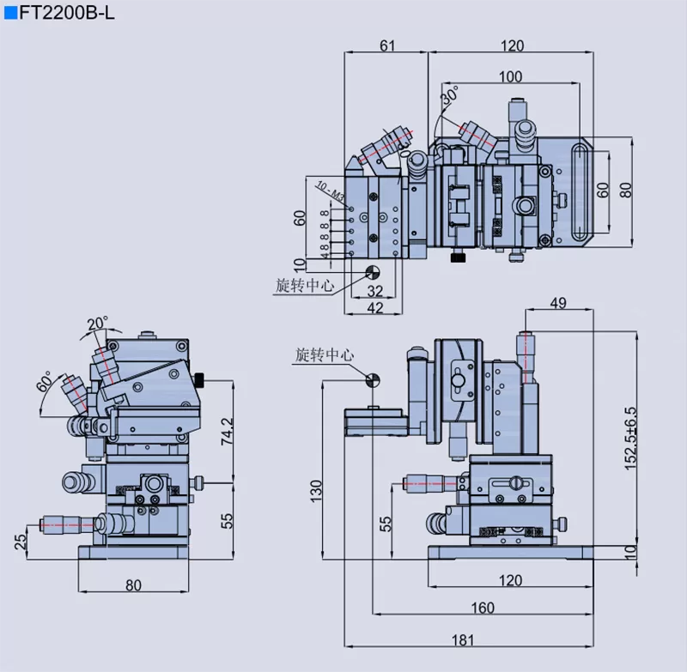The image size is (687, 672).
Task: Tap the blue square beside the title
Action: pyautogui.click(x=10, y=12)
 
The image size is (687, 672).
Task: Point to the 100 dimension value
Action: pyautogui.click(x=510, y=76)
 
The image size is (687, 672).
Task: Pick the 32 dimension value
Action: pyautogui.click(x=375, y=292)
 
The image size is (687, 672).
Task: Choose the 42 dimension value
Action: pyautogui.click(x=375, y=308)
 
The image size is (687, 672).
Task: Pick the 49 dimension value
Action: pyautogui.click(x=558, y=302)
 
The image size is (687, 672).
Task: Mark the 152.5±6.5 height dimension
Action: pyautogui.click(x=631, y=437)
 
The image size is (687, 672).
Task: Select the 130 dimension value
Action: pyautogui.click(x=316, y=490)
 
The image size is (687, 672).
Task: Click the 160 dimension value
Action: pyautogui.click(x=483, y=608)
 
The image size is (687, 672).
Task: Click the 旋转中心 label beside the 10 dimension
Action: pyautogui.click(x=304, y=286)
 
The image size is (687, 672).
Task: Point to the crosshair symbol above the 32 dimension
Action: pyautogui.click(x=374, y=272)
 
